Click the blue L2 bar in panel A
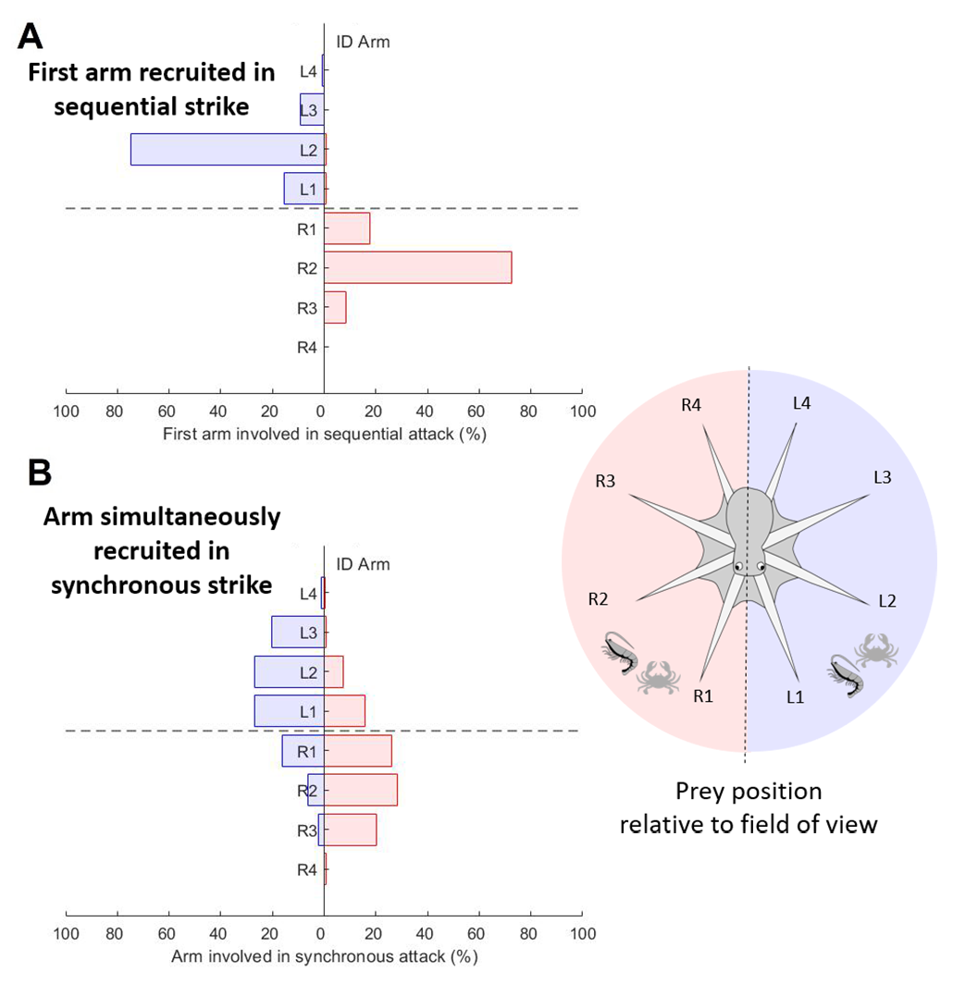click(x=227, y=150)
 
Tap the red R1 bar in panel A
click(x=347, y=228)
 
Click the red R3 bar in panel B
click(x=350, y=830)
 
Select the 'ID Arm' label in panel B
click(x=362, y=564)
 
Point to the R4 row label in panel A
click(x=308, y=348)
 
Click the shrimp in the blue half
click(x=848, y=678)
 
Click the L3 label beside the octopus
click(x=882, y=477)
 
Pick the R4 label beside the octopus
click(x=690, y=403)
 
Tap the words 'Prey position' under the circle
click(x=748, y=793)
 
